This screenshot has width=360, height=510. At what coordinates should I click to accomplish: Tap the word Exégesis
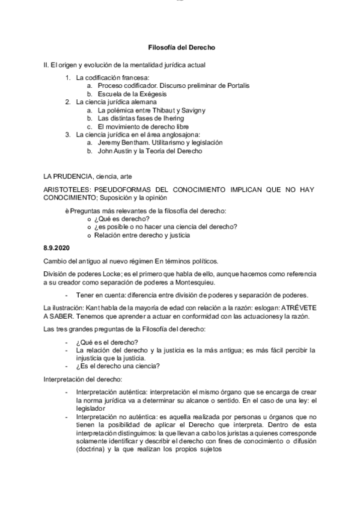[x=151, y=94]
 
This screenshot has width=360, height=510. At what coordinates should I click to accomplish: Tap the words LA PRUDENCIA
[x=63, y=176]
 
